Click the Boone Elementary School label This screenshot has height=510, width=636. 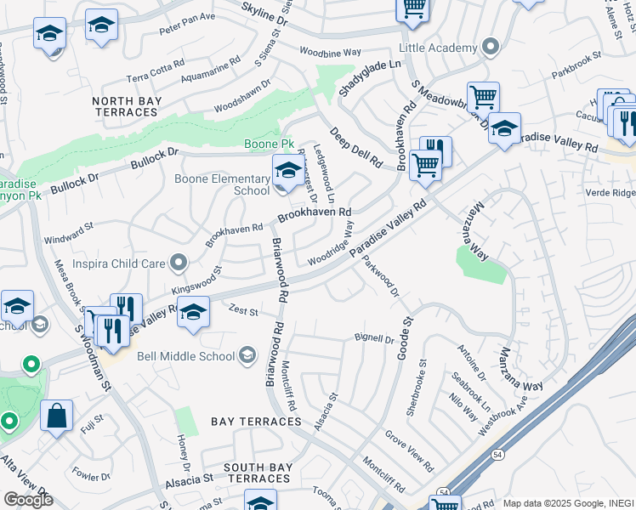(222, 184)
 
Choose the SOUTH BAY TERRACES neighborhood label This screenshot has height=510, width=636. (258, 473)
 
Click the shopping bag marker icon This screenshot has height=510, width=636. (57, 416)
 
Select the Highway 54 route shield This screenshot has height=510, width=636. (444, 492)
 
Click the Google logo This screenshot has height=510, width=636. (28, 499)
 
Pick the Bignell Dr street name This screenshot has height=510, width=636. (374, 338)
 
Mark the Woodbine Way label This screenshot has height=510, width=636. (332, 54)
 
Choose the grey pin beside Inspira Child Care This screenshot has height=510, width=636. (178, 263)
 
